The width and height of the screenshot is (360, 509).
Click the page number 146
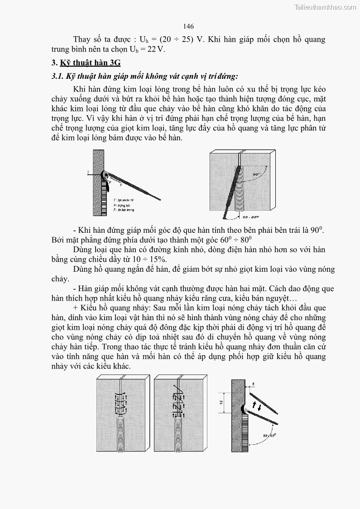coord(188,27)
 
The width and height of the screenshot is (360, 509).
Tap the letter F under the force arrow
coord(121,185)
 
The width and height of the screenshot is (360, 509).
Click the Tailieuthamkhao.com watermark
coord(325,7)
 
